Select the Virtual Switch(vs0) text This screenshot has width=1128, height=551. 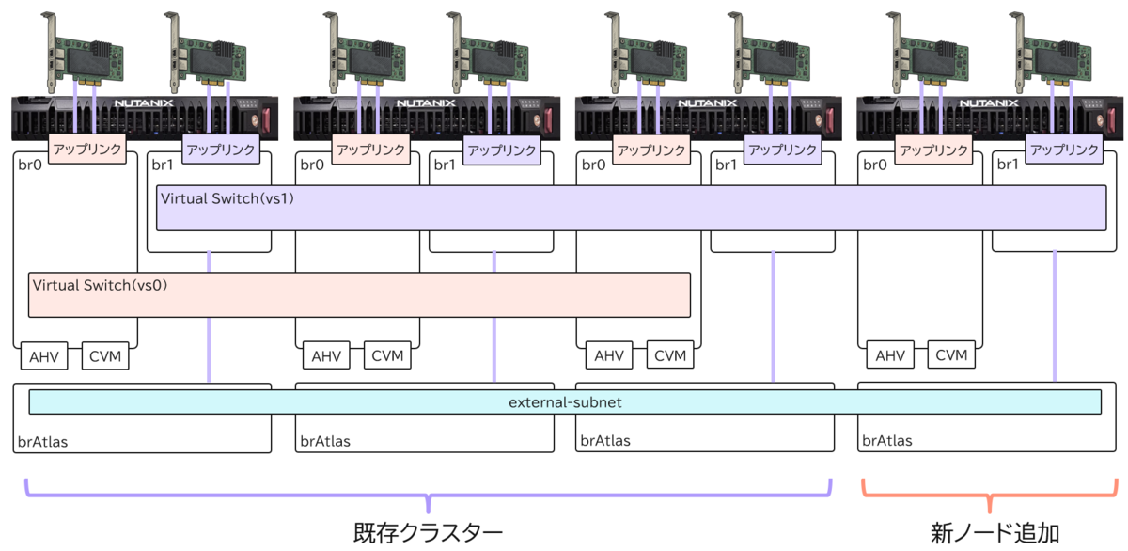click(100, 284)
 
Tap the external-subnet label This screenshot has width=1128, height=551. click(565, 402)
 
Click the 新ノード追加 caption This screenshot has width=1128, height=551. click(995, 532)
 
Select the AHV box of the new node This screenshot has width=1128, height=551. click(890, 355)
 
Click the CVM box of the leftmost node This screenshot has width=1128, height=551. click(105, 356)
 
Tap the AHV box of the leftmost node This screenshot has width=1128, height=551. click(44, 356)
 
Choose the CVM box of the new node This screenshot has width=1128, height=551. click(951, 355)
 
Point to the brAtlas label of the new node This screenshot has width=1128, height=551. click(887, 440)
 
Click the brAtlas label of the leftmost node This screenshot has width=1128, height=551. click(42, 440)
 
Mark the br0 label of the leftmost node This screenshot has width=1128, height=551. click(28, 165)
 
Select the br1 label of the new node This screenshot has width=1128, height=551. click(1007, 165)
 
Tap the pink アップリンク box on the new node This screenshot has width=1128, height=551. click(932, 149)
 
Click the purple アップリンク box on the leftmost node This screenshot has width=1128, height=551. click(220, 149)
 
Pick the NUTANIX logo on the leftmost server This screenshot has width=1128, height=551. click(144, 104)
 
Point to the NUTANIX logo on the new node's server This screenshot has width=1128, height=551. click(989, 104)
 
